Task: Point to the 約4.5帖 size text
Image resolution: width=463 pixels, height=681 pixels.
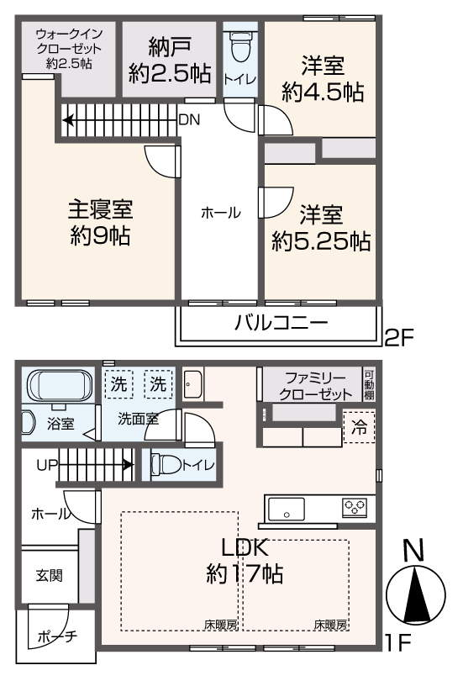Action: coord(324,92)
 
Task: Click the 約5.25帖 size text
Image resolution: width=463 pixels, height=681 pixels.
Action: coord(321,241)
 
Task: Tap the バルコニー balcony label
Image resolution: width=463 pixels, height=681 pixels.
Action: coord(281,323)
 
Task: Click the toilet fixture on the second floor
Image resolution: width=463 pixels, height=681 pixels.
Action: coord(240,50)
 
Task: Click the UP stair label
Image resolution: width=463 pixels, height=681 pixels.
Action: coord(46,463)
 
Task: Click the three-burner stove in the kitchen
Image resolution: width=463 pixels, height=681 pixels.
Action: coord(354,506)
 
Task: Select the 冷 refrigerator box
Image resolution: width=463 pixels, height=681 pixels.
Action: coord(359,427)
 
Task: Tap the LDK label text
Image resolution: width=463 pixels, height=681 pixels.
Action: coord(245,547)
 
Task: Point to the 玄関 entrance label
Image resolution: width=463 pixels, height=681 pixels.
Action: coord(48,577)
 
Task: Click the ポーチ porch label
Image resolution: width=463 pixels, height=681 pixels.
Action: coord(57,636)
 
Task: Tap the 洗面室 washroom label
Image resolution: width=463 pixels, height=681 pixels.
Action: coord(138,418)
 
